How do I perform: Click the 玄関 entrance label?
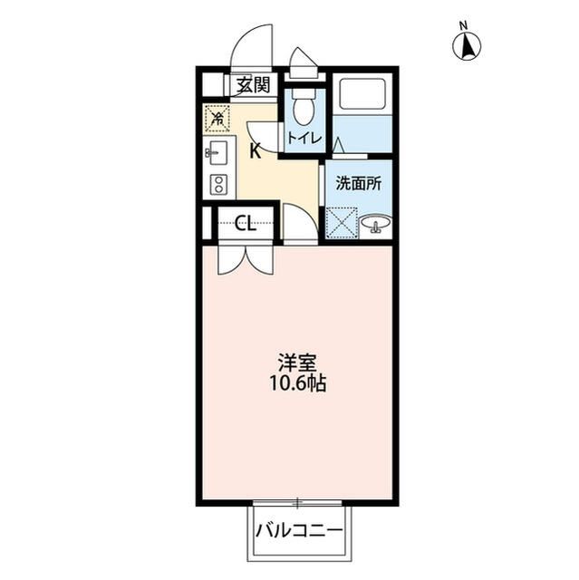253,86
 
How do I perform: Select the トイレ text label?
304,138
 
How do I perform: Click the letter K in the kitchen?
256,151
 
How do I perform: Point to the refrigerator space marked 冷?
217,119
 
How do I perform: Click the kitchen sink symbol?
218,153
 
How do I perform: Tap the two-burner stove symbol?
218,184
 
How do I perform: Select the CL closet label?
246,223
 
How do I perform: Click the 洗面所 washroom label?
359,183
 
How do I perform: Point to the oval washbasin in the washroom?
376,224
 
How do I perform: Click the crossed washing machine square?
342,223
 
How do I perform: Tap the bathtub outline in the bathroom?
362,93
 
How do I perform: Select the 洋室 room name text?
297,362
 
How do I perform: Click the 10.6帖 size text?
298,383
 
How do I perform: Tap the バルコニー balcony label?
299,532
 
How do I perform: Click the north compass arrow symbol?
467,46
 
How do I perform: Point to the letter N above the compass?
463,26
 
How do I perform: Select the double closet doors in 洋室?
246,260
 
